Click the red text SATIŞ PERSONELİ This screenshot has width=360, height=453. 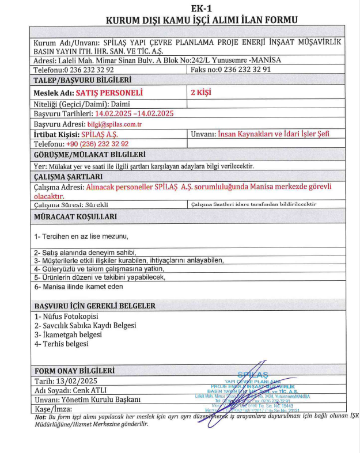pyautogui.click(x=109, y=93)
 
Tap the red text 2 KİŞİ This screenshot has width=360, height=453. pyautogui.click(x=201, y=92)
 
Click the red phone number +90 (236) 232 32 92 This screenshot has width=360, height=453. pyautogui.click(x=97, y=144)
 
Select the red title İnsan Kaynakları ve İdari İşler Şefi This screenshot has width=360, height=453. pyautogui.click(x=274, y=134)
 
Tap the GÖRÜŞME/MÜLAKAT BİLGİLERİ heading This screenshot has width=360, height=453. pyautogui.click(x=90, y=155)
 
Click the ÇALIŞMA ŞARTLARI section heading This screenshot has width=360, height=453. pyautogui.click(x=69, y=176)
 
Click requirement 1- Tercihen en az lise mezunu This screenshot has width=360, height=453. pyautogui.click(x=81, y=237)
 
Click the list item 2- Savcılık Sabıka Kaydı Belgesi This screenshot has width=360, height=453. pyautogui.click(x=85, y=325)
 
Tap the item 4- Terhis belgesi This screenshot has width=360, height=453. pyautogui.click(x=62, y=344)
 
